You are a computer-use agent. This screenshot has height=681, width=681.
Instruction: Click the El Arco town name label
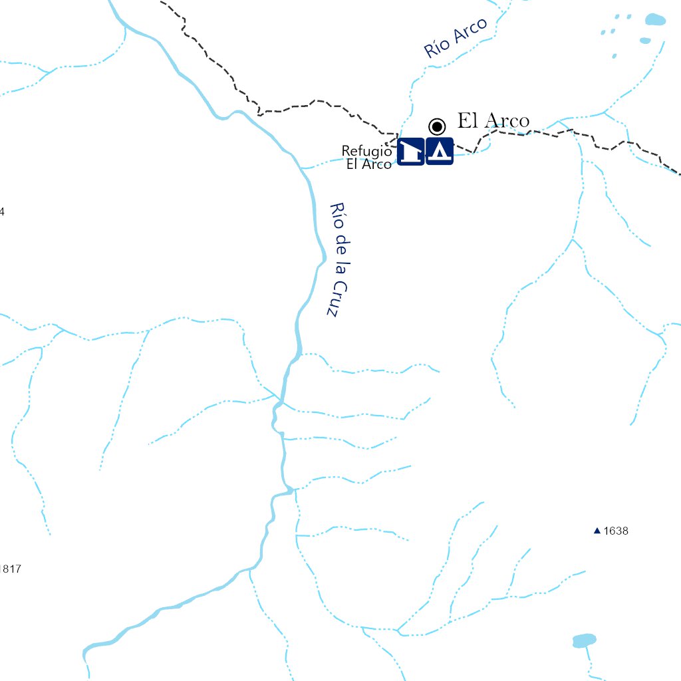(x=493, y=121)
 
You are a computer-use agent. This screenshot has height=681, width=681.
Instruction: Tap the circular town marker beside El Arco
(x=437, y=126)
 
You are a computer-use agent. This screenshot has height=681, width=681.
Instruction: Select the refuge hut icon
(x=411, y=152)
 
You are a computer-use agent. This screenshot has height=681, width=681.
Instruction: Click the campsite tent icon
(x=440, y=152)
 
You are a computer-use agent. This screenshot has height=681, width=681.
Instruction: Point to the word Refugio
(x=366, y=151)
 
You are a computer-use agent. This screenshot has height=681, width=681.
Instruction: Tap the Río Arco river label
(x=456, y=38)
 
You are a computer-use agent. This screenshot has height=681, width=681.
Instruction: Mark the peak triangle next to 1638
(x=597, y=531)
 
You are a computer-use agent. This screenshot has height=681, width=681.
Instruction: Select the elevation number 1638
(x=616, y=531)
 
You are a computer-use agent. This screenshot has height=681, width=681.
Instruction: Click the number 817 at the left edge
(x=12, y=569)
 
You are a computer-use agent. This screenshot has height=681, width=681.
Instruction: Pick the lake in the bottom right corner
(x=585, y=640)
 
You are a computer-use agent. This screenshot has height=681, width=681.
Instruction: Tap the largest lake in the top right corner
(x=655, y=19)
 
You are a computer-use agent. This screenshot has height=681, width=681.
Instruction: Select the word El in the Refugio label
(x=352, y=164)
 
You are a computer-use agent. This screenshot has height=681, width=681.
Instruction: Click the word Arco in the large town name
(x=507, y=121)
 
